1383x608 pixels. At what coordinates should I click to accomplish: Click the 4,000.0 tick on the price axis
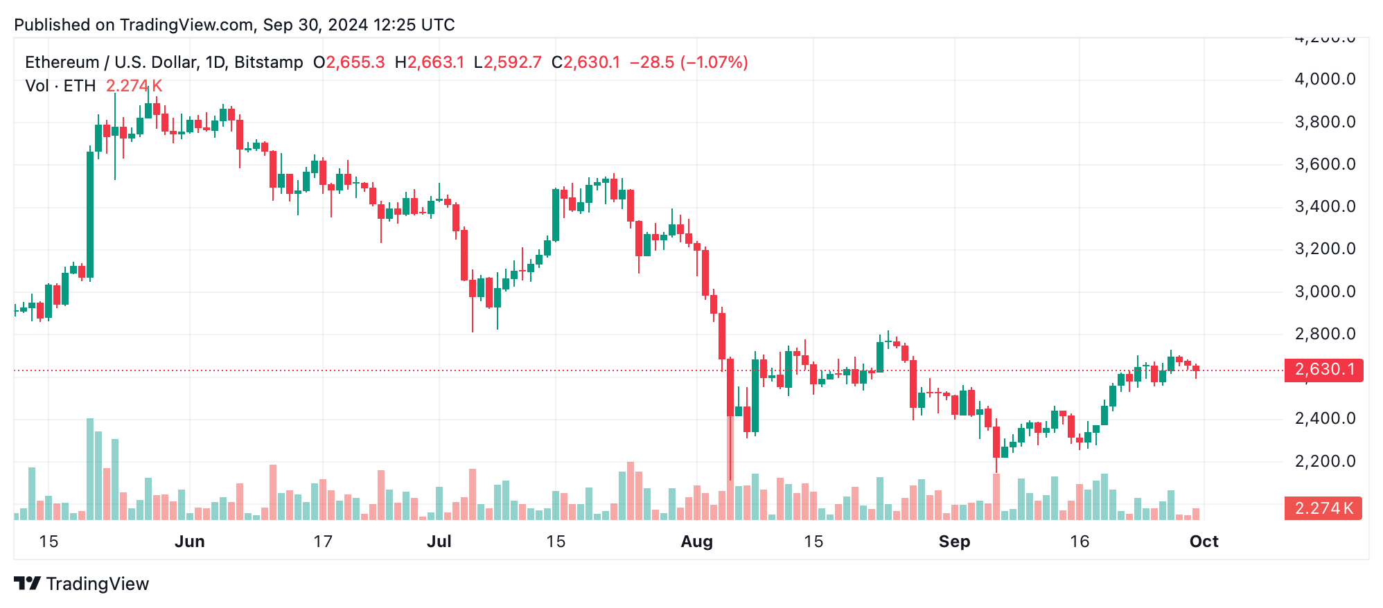tap(1325, 79)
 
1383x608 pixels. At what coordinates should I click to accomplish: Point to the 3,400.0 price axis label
tap(1325, 206)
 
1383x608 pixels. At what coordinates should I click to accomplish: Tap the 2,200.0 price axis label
tap(1325, 461)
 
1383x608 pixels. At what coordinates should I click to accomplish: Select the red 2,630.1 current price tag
tap(1323, 370)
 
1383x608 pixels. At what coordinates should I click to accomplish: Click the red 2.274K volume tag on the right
tap(1323, 508)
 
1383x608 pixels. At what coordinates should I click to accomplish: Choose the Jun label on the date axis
tap(189, 542)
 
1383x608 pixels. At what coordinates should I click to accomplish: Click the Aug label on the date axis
tap(696, 542)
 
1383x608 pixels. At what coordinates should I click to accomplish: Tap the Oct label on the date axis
tap(1204, 542)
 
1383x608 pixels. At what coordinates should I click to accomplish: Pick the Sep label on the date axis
tap(954, 542)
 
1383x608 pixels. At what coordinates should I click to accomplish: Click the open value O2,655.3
tap(349, 62)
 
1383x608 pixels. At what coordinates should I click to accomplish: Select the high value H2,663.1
tap(430, 62)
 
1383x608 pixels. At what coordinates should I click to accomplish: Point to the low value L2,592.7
tap(507, 62)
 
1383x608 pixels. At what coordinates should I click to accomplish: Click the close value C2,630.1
tap(585, 62)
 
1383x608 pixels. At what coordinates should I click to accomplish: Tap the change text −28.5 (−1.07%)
tap(689, 62)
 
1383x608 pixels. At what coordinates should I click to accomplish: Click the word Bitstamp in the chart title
tap(269, 62)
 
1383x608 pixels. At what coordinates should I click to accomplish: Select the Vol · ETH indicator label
tap(60, 86)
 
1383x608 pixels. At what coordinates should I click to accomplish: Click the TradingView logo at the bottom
tap(82, 584)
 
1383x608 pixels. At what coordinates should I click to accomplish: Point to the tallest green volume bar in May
tap(90, 469)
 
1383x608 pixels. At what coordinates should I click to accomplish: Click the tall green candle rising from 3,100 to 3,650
tap(90, 215)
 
